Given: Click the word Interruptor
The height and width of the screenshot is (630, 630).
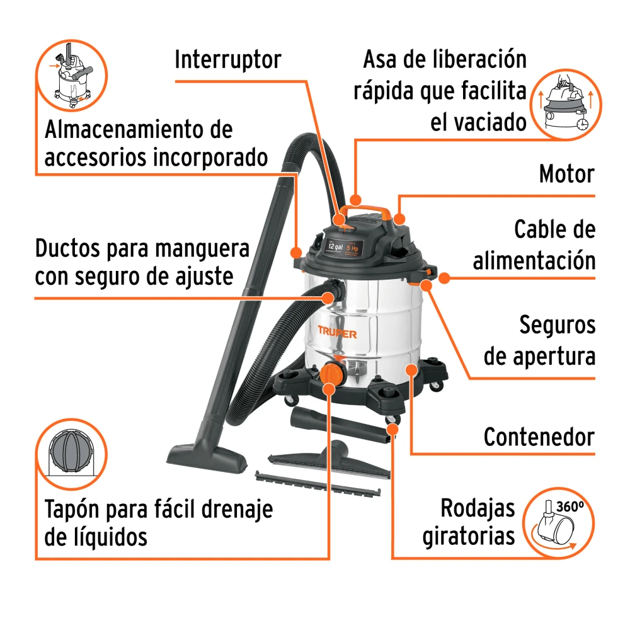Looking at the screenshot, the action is [x=228, y=60].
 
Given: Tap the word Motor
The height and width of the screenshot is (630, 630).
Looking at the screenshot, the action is [x=566, y=174].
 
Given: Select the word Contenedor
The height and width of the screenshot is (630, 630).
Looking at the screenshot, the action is [x=539, y=437].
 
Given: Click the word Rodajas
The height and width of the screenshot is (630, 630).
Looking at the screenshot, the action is [x=478, y=508].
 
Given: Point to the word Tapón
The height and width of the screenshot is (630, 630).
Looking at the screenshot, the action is [x=72, y=510].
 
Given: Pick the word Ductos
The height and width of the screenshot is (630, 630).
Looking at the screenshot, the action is [x=67, y=248].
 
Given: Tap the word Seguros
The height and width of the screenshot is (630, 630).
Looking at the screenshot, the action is [x=558, y=325].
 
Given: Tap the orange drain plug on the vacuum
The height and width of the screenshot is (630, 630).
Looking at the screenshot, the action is [x=332, y=373].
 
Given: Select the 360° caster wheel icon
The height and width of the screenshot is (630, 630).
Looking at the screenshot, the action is [x=558, y=523].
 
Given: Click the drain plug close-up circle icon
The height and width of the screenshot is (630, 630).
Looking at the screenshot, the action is [x=72, y=454].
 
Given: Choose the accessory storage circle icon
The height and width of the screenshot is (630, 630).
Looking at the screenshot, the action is [x=72, y=75].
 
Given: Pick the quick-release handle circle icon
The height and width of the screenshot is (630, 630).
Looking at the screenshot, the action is [x=566, y=105].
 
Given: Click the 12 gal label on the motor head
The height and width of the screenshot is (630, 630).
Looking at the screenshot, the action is [x=335, y=246].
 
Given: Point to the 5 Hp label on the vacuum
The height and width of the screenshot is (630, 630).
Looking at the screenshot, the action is [x=352, y=248].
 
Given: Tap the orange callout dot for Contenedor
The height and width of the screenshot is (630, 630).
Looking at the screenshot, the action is [x=411, y=369].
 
